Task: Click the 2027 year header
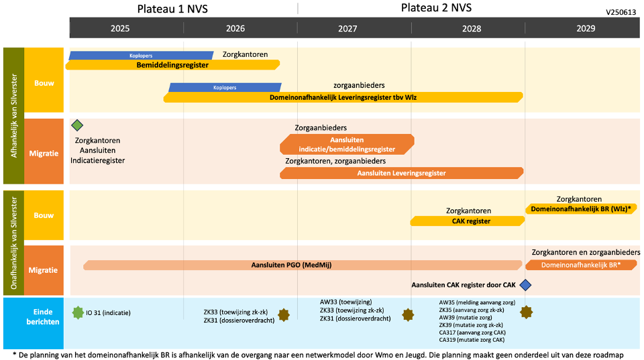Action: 347,29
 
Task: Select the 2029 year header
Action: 585,29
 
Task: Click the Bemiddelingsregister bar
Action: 172,65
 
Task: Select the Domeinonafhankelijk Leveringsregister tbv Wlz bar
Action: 343,97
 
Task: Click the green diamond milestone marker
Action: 77,125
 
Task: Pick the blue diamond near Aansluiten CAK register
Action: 526,285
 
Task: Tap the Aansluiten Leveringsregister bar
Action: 401,173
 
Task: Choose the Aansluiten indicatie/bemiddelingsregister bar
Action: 347,144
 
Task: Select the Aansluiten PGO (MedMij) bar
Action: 302,265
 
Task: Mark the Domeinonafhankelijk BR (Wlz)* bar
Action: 581,209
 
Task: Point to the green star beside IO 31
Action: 78,312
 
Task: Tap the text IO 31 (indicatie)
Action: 108,312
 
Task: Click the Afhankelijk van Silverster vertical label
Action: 13,116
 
